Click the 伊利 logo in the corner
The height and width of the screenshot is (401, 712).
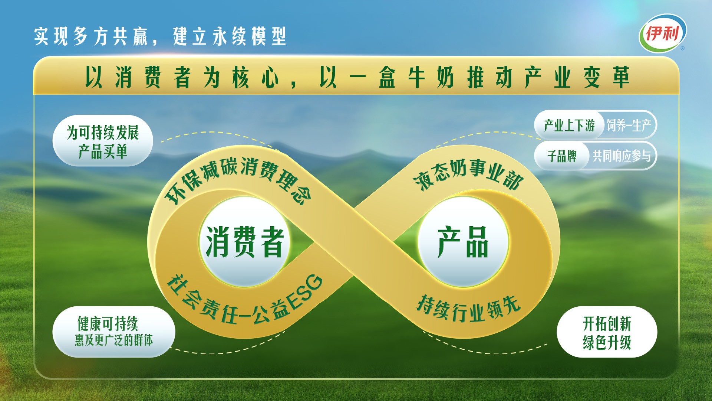[x=662, y=33]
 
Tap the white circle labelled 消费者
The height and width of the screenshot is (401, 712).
[x=245, y=242]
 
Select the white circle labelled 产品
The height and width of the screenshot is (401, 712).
[x=463, y=242]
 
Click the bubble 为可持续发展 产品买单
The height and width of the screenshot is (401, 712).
[x=103, y=141]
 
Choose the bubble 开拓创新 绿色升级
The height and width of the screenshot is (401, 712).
[x=607, y=332]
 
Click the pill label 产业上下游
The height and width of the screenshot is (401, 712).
[x=569, y=125]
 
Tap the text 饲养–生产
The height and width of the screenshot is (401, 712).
[x=629, y=125]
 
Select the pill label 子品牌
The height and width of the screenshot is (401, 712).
[x=562, y=156]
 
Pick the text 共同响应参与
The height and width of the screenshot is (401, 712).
[x=622, y=156]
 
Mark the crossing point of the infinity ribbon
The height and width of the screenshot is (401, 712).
[x=354, y=242]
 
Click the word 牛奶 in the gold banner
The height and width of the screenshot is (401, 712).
[x=431, y=78]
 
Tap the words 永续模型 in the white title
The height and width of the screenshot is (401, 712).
[x=249, y=36]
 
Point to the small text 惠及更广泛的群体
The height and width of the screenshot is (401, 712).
[x=114, y=340]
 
